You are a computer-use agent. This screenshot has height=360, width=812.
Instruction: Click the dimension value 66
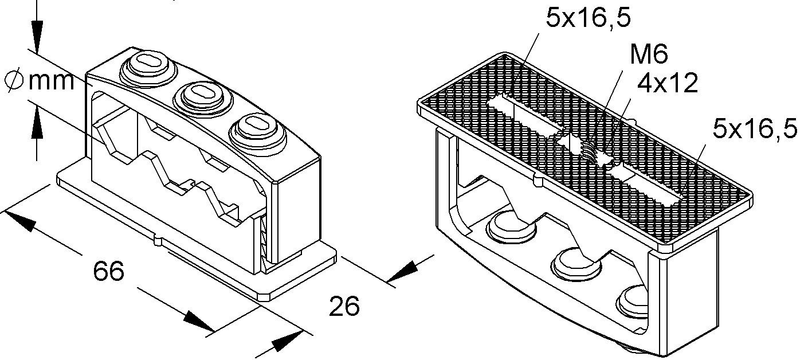(x=108, y=271)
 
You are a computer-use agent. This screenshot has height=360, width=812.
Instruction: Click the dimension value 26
(x=344, y=306)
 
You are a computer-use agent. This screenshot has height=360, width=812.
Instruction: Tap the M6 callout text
(x=649, y=54)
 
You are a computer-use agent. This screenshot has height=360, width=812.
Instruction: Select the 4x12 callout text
(x=668, y=83)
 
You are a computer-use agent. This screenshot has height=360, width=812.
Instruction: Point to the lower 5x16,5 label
(x=755, y=129)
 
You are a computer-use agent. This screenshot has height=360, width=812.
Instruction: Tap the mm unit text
(x=52, y=81)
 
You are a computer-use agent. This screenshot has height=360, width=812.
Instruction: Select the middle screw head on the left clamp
(x=203, y=97)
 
